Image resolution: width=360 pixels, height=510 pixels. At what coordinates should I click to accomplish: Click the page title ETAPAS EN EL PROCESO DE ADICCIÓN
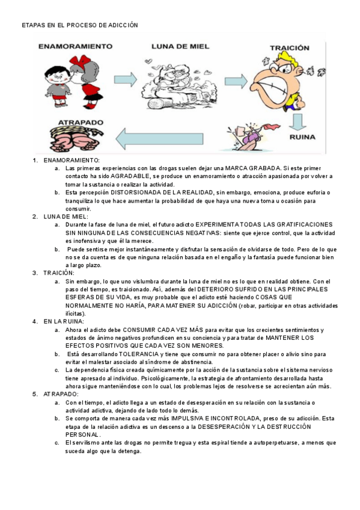tap(80, 25)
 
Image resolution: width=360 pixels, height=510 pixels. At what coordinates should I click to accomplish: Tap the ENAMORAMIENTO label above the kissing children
tap(75, 46)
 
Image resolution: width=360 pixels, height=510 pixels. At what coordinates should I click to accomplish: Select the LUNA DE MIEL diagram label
tap(180, 46)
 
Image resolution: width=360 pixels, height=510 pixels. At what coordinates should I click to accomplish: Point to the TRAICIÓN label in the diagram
tap(290, 48)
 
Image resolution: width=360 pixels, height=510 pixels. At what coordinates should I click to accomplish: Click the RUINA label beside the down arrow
tap(302, 137)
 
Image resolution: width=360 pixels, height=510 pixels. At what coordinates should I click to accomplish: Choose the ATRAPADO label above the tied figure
tap(81, 123)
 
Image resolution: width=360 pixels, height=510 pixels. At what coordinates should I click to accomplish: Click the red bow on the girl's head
tap(79, 62)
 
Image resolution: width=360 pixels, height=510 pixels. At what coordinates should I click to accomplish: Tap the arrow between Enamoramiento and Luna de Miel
tap(126, 79)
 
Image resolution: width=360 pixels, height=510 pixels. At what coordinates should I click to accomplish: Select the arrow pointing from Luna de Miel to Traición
tap(236, 81)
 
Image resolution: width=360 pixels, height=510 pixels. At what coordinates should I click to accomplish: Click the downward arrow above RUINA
tap(297, 122)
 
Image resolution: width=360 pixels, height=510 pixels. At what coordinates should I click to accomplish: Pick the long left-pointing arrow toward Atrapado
tap(159, 139)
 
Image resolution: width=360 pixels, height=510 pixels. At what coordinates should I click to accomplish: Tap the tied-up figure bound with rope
tap(76, 139)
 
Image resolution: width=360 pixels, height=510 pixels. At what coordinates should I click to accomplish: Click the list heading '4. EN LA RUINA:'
tap(58, 322)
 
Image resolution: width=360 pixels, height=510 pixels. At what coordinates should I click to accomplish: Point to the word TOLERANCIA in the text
tap(139, 354)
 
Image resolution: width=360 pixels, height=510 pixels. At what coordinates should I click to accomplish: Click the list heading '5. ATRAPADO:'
tap(55, 394)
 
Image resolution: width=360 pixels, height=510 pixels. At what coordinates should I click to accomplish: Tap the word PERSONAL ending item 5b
tap(83, 435)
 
